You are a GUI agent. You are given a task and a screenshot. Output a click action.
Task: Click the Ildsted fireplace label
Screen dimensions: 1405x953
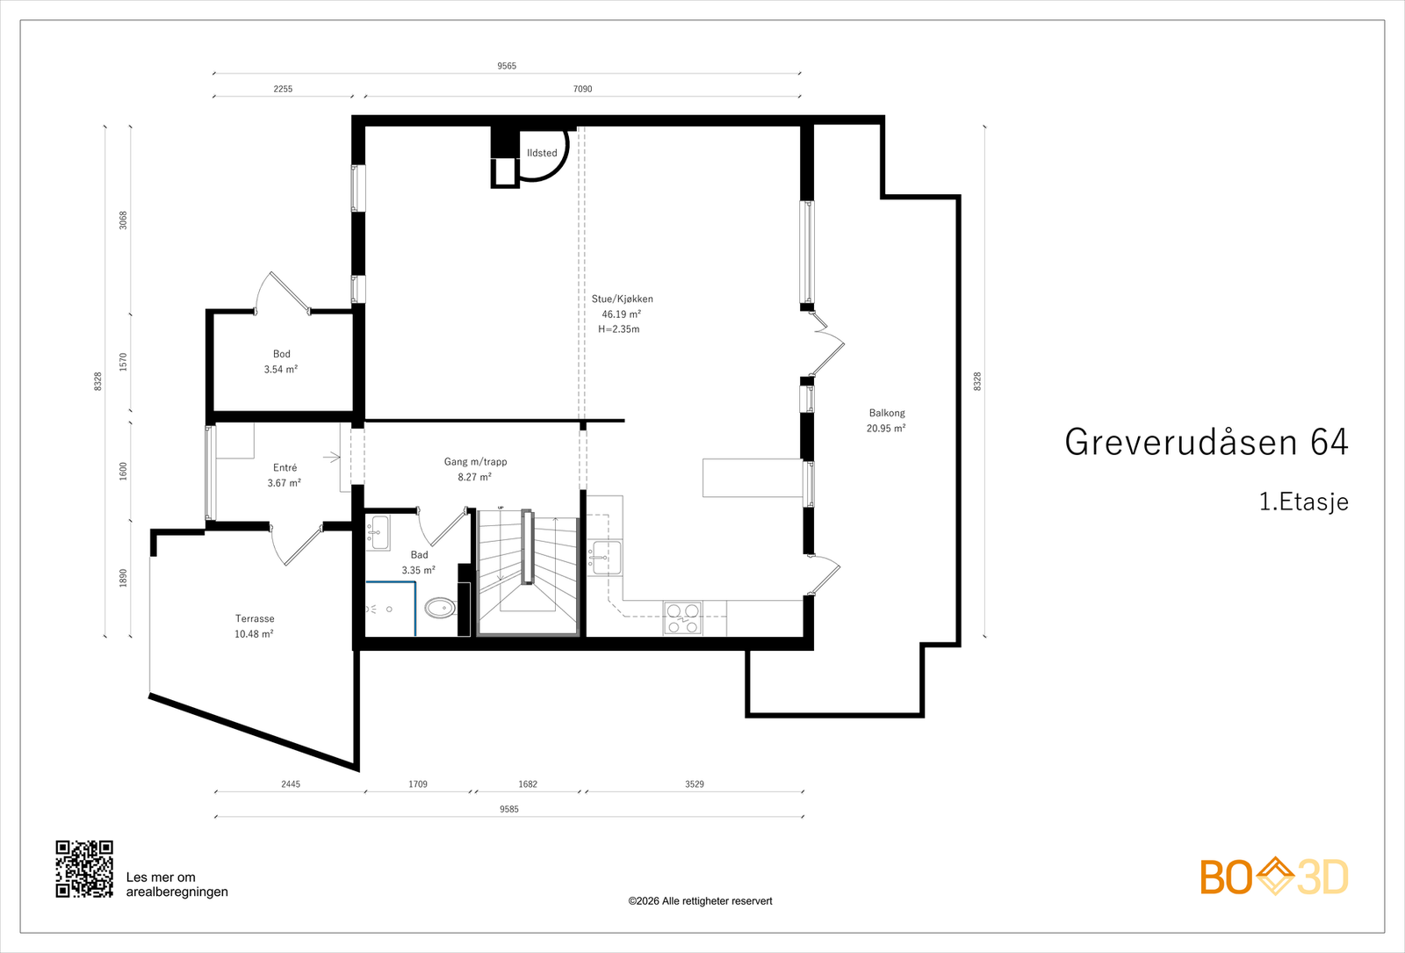coord(542,153)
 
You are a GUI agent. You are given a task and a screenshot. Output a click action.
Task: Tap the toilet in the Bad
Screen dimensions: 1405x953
coord(441,607)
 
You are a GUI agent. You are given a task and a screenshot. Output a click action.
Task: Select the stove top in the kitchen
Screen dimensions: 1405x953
coord(683,618)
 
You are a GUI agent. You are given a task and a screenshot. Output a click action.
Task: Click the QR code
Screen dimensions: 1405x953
coord(84,869)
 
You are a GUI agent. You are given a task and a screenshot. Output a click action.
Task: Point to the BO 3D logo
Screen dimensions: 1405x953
coord(1274,877)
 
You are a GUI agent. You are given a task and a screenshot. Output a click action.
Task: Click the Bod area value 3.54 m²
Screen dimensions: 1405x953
coord(280,370)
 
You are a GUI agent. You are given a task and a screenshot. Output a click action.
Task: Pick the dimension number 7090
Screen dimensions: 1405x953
coord(583,89)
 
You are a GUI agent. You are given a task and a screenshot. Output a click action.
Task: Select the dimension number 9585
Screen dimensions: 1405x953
coord(509,809)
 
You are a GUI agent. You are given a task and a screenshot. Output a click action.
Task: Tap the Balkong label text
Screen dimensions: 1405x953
coord(887,413)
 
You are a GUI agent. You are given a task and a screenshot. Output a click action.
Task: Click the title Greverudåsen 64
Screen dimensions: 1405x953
coord(1207,442)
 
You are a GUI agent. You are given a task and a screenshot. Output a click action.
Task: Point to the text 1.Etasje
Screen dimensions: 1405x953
coord(1304,502)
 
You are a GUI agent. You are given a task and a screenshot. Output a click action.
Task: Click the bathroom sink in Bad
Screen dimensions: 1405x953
coord(378,532)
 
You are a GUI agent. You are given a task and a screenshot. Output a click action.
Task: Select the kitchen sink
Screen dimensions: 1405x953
coord(605,557)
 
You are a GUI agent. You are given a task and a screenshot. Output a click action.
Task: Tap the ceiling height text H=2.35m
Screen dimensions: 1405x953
coord(619,329)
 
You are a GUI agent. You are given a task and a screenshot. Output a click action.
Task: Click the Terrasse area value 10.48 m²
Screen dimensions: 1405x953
coord(254,634)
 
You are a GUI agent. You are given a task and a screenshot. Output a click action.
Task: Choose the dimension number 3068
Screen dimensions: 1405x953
coord(124,220)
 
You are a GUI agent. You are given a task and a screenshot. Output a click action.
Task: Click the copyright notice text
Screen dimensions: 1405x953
coord(700,901)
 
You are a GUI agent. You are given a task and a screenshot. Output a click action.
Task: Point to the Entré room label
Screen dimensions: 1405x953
coord(285,467)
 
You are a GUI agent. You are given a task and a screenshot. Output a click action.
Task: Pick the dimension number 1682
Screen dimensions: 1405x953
coord(528,784)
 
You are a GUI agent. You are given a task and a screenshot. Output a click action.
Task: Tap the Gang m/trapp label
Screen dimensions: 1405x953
coord(475,462)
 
